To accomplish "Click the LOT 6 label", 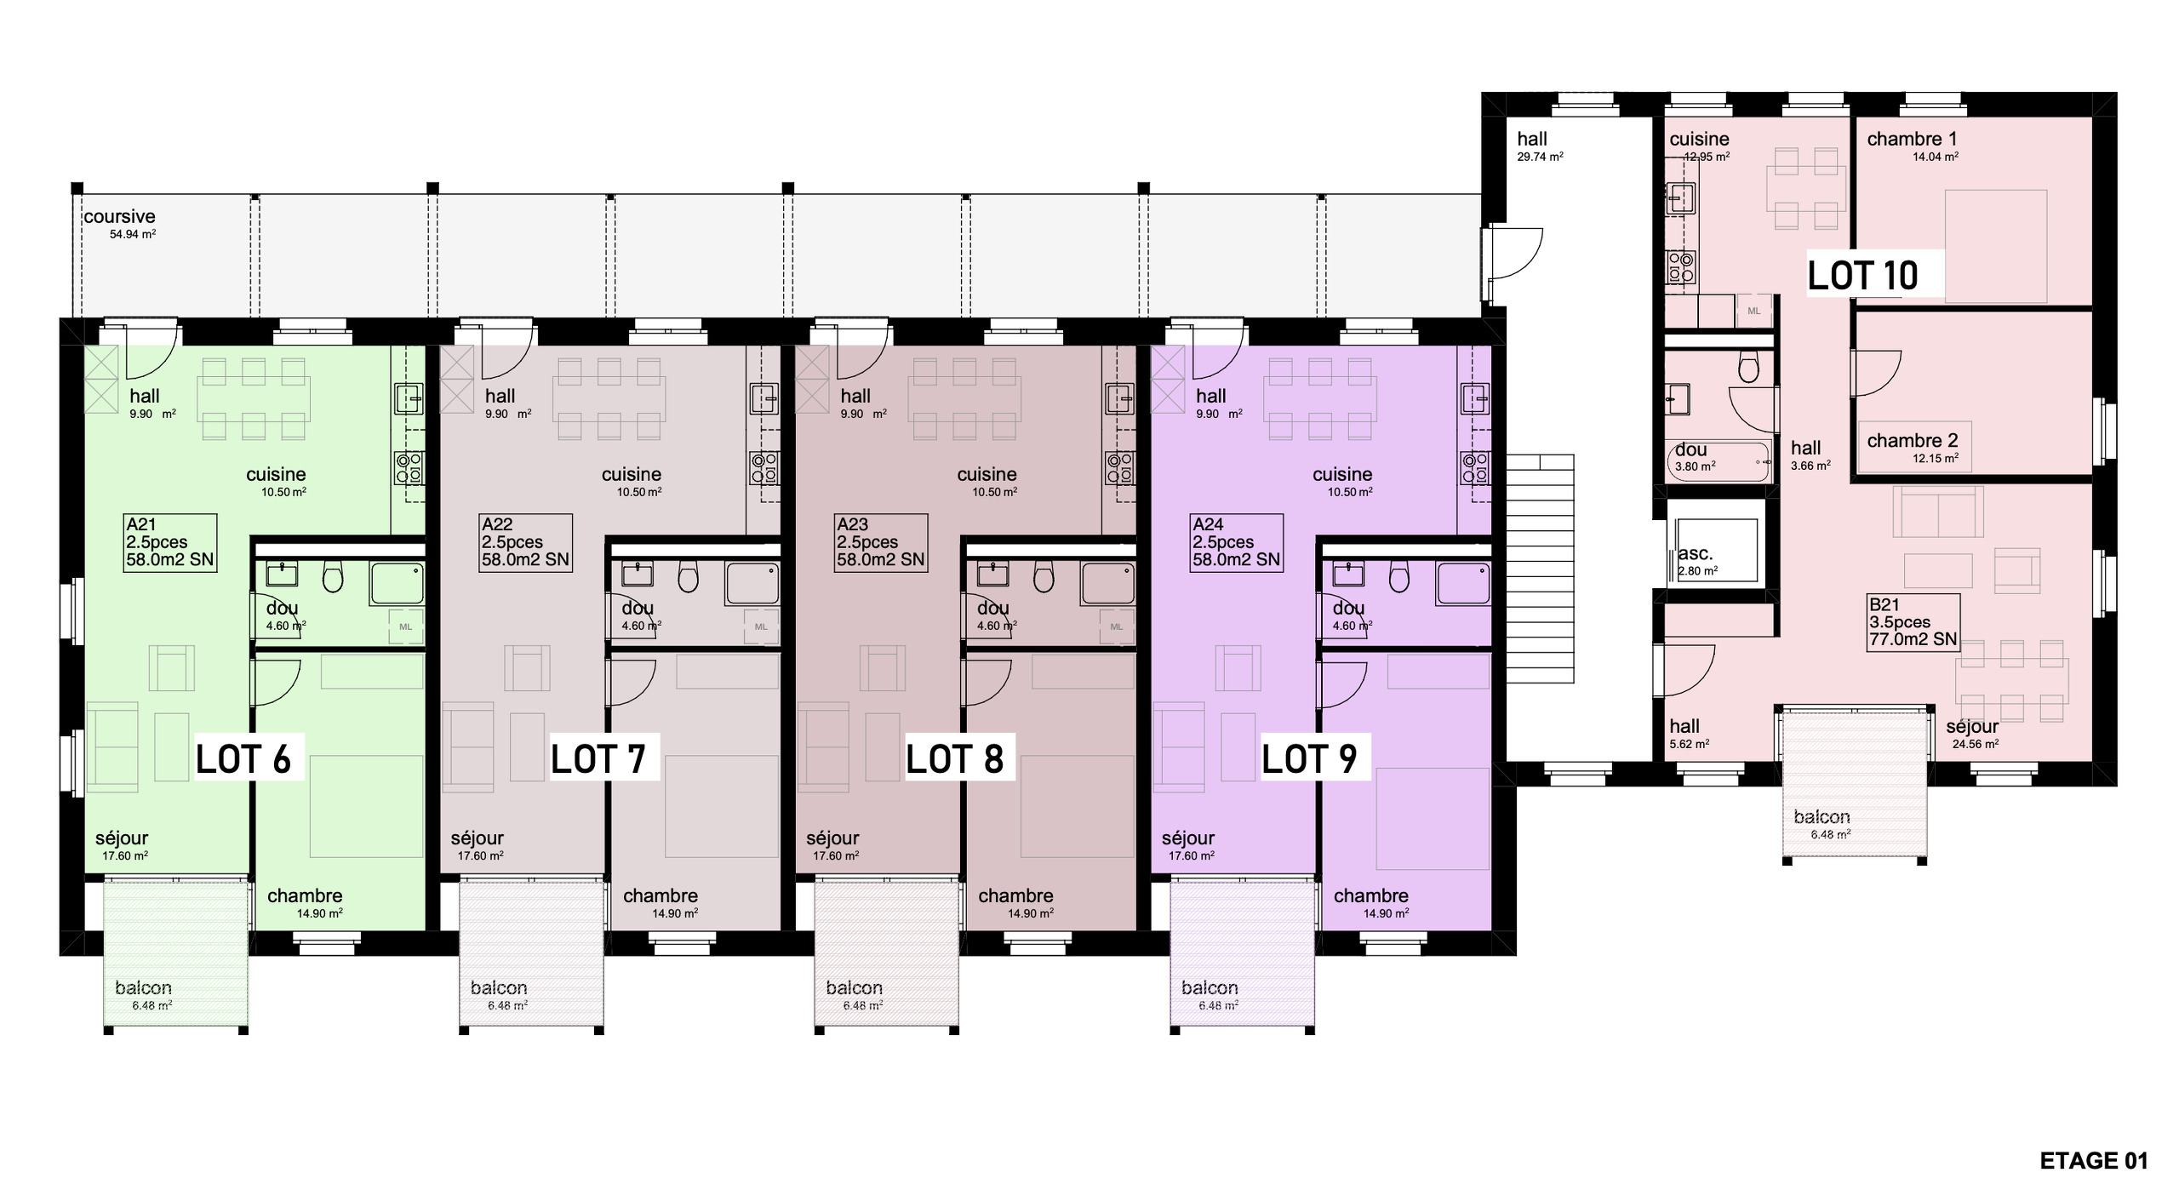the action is (243, 759).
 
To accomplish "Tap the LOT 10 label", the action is (1862, 276).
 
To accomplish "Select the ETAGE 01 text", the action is (2094, 1161).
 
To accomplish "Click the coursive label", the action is (119, 217).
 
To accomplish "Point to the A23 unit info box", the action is (880, 542).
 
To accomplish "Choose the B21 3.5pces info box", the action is (1913, 622).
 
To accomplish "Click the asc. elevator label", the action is (1695, 553).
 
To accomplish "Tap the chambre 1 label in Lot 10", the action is (1912, 139).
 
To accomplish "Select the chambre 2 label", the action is (1913, 441).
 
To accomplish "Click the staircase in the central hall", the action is (1540, 569).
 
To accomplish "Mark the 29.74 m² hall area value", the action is (1540, 157).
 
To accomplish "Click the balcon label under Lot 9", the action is (1210, 988).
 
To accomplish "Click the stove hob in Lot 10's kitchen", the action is (1680, 266).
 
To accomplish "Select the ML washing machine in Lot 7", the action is (761, 626).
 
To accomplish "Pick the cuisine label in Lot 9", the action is (1342, 474).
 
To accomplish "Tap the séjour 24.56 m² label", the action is (1972, 734).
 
